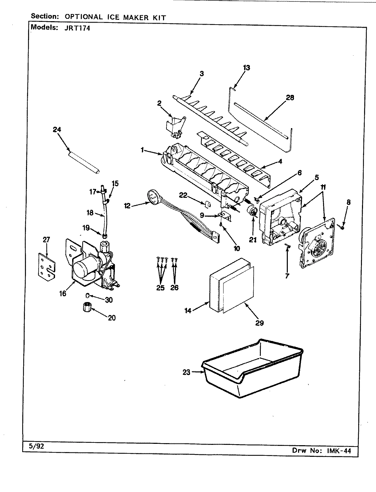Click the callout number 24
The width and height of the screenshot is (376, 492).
point(57,129)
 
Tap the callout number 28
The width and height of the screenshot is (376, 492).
point(290,98)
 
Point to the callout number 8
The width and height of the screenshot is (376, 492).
point(348,202)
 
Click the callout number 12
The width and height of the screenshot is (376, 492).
point(127,206)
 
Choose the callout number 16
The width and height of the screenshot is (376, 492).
point(62,293)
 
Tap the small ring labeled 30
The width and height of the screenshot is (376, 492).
point(87,295)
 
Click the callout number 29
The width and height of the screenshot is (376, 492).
point(259,323)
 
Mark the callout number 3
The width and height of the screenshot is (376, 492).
point(202,74)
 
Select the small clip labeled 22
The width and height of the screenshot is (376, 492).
point(207,204)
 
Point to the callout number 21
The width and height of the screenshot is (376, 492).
point(252,240)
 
